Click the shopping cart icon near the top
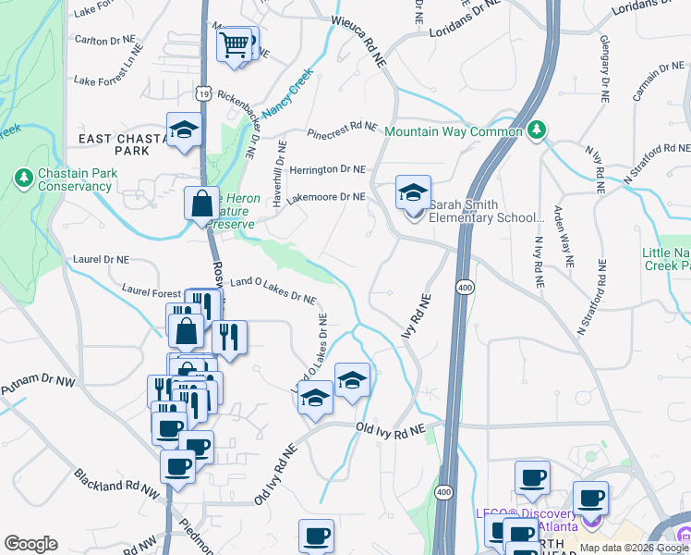(x=235, y=44)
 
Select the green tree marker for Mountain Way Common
(x=536, y=131)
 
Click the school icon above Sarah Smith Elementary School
(x=413, y=192)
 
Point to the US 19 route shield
(x=203, y=93)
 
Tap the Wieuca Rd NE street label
(x=358, y=37)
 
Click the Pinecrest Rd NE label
(x=343, y=128)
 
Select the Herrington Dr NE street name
(x=328, y=169)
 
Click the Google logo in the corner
(x=30, y=544)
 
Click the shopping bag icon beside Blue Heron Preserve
(x=200, y=203)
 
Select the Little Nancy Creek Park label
(x=666, y=259)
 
